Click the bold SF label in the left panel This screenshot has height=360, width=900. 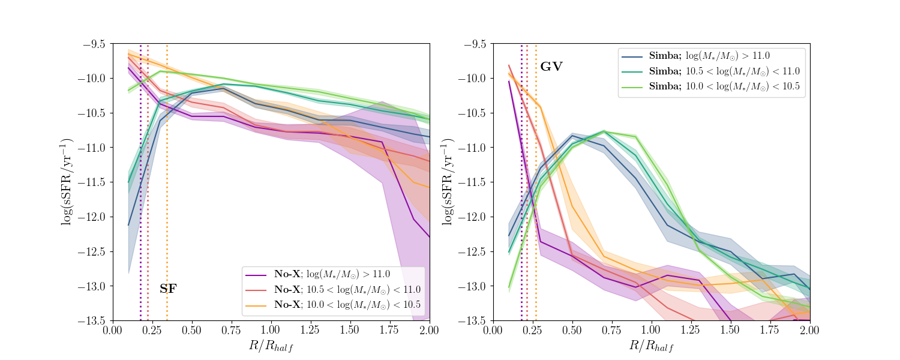(168, 289)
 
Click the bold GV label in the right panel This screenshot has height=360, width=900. (551, 67)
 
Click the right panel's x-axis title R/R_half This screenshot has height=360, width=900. (651, 346)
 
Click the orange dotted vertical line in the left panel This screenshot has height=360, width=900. (167, 180)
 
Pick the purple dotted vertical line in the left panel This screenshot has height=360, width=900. (140, 180)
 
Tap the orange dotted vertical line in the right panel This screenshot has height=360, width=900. (536, 180)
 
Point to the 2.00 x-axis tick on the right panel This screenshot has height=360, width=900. (810, 331)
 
